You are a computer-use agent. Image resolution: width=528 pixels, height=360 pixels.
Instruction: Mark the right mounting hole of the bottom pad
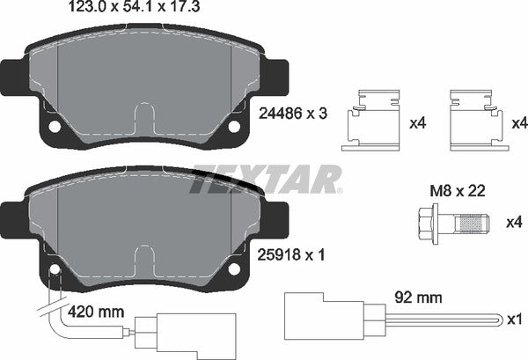pyautogui.click(x=234, y=269)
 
